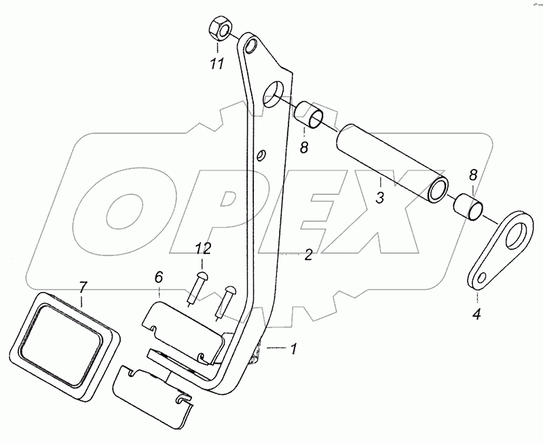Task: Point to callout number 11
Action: (217, 64)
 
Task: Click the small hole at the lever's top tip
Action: (250, 48)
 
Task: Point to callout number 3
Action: (380, 198)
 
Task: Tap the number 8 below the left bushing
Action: (304, 146)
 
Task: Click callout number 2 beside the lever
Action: (308, 255)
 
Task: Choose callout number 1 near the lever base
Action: (293, 350)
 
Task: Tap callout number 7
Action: (82, 286)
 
